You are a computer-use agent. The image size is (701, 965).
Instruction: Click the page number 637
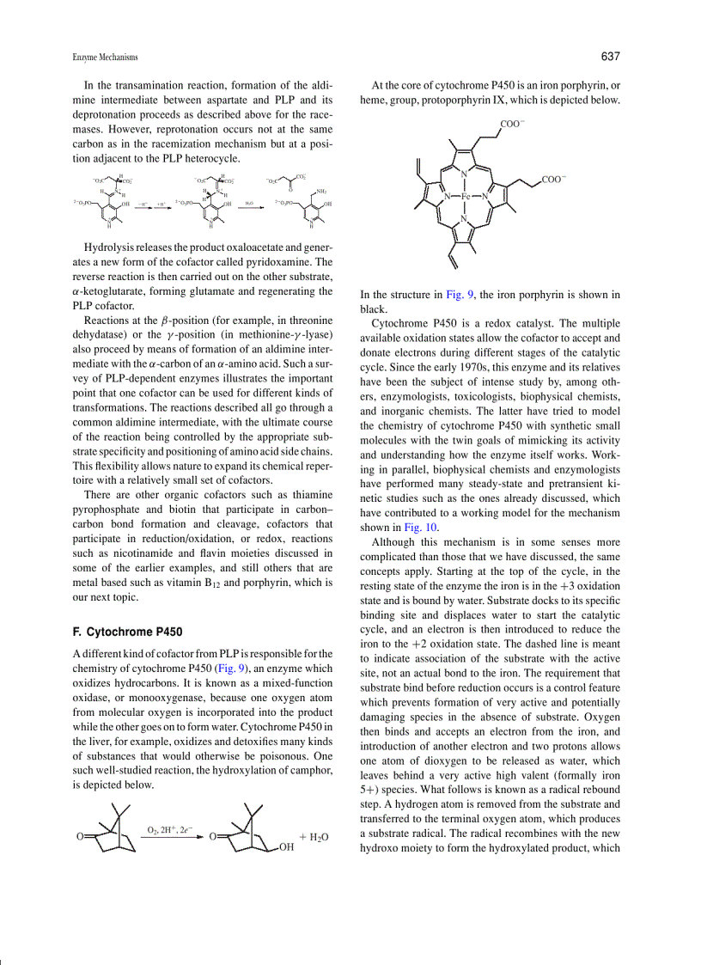pos(610,57)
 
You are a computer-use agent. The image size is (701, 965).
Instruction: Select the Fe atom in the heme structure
pos(465,197)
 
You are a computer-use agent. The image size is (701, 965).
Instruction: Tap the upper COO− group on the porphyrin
pos(513,125)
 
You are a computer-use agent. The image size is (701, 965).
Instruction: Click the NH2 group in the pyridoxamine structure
pos(321,192)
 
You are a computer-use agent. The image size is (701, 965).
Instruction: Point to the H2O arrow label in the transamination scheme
pos(249,203)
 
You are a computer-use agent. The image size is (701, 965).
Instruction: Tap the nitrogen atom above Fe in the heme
pos(464,175)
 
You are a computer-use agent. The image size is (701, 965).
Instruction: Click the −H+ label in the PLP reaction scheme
pos(143,203)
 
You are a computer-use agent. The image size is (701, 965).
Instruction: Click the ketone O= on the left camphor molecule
pos(80,836)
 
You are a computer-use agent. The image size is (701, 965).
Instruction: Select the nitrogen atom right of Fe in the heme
pos(485,197)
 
